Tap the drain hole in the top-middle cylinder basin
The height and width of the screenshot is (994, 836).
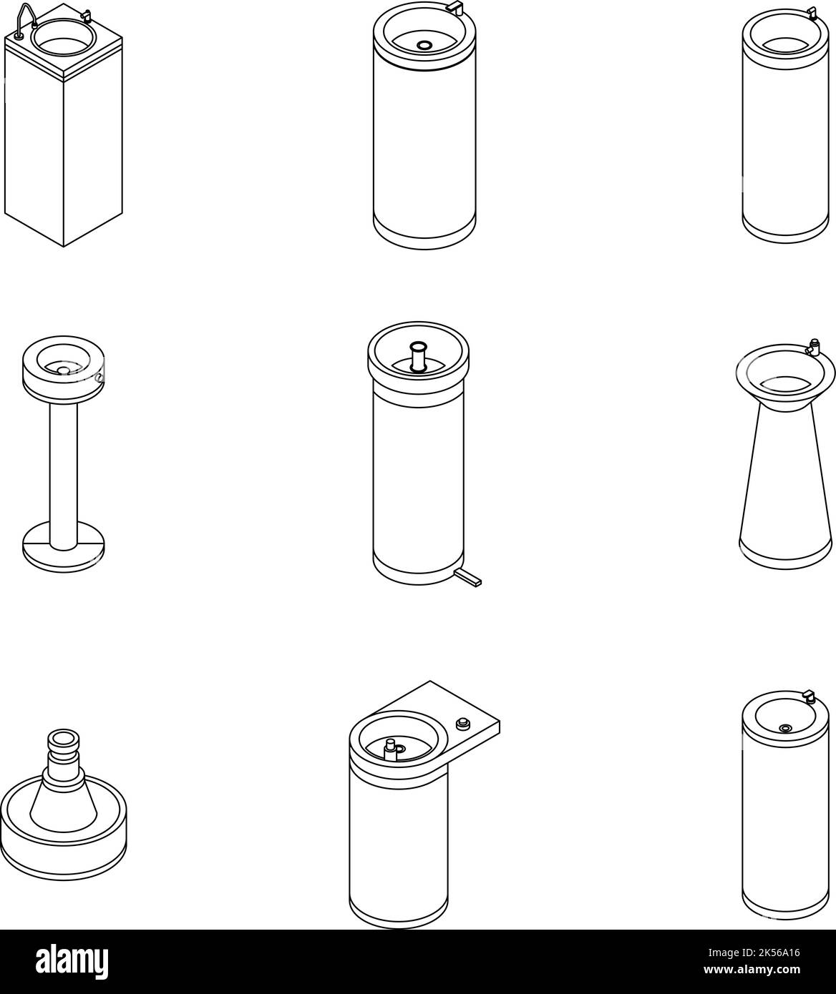424,45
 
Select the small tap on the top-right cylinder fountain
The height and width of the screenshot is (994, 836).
811,12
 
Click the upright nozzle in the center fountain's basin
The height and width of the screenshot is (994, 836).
418,355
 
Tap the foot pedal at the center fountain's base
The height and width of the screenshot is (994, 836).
469,579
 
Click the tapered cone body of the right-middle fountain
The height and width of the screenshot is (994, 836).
785,479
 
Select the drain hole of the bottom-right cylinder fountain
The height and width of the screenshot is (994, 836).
786,728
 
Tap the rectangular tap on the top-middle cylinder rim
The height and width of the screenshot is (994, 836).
455,6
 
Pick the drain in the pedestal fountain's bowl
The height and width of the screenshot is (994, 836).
63,370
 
